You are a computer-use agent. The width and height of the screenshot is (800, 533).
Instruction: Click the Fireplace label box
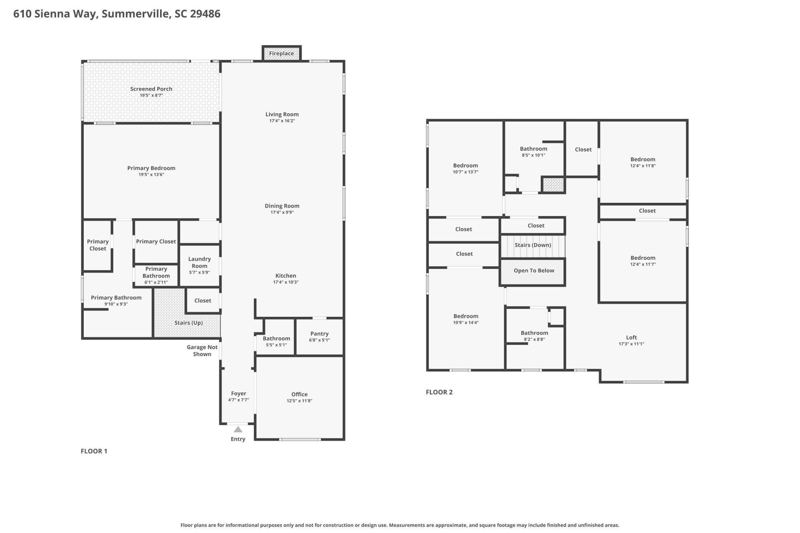tap(281, 53)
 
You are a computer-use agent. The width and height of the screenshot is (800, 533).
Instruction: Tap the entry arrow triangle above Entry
tap(238, 429)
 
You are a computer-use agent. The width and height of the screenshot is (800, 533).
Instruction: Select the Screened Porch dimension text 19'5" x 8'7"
tap(151, 95)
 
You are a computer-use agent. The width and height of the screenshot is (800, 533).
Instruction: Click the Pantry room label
tap(320, 334)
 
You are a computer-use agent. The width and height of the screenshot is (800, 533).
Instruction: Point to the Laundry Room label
tap(199, 262)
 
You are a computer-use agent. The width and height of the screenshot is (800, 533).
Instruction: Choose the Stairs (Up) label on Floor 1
tap(188, 323)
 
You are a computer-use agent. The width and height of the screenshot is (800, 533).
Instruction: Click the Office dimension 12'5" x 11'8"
tap(299, 401)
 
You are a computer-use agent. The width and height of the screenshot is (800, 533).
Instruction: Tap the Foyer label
tap(238, 394)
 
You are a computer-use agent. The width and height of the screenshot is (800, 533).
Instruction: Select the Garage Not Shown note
tap(202, 351)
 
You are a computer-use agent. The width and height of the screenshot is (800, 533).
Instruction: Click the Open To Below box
tap(533, 271)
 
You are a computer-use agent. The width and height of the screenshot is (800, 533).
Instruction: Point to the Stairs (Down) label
tap(532, 245)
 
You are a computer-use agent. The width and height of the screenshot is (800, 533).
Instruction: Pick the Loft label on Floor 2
tap(631, 337)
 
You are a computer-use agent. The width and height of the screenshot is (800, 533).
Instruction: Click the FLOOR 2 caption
tap(439, 392)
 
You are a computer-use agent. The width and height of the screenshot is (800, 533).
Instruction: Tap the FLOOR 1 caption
tap(94, 451)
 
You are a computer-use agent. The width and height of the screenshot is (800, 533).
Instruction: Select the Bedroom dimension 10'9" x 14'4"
tap(466, 323)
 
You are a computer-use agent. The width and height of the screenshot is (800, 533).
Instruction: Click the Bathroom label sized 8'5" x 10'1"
tap(533, 149)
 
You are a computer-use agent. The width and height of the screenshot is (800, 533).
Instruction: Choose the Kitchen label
tap(286, 276)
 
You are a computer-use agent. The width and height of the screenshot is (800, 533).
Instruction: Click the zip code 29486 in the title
tap(205, 14)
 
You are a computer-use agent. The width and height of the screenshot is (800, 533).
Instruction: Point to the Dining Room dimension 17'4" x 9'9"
tap(282, 212)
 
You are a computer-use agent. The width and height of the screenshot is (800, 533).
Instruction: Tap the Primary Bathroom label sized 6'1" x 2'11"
tap(156, 272)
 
